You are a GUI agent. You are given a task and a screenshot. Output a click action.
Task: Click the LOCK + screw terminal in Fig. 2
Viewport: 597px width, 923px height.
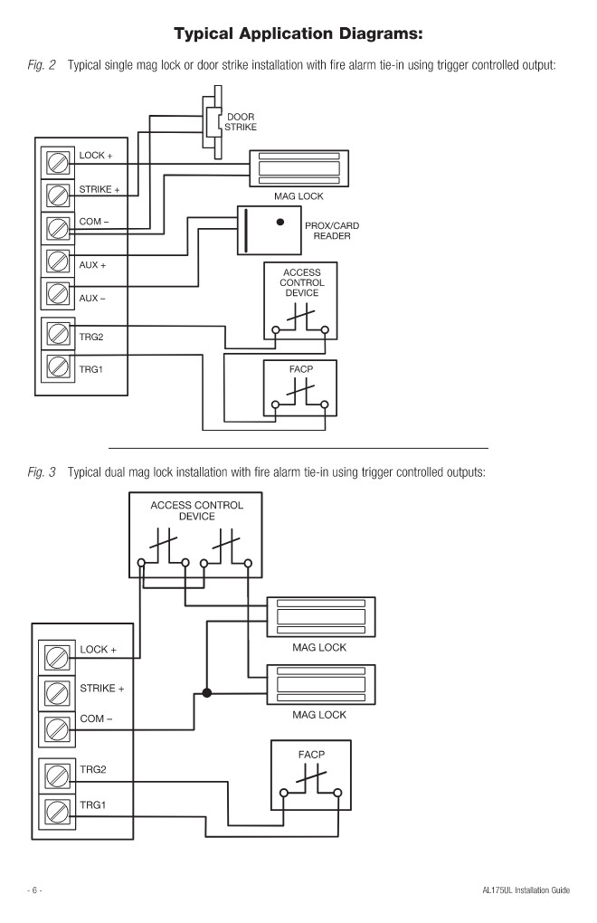58,162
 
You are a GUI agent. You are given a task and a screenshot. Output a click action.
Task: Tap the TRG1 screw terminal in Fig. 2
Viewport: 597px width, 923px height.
58,366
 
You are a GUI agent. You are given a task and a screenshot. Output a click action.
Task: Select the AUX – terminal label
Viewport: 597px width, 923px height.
92,298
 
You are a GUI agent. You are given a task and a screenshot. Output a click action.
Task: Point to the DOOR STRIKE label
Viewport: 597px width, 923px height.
241,122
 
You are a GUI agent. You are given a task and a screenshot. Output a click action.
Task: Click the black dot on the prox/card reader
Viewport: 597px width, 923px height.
280,222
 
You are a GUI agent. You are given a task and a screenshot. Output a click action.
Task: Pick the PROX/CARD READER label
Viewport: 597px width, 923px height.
332,231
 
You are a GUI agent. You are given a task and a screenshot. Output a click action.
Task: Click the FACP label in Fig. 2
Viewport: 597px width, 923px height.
301,369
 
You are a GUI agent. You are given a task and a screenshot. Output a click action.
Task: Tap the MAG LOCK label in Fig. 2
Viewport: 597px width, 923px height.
298,196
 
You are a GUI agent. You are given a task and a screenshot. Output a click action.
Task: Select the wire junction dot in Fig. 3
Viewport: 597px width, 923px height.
206,693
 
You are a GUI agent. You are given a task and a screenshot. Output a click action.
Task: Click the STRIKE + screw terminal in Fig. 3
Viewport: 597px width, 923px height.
56,693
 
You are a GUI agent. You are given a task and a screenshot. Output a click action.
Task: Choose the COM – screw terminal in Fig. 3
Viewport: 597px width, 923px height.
56,728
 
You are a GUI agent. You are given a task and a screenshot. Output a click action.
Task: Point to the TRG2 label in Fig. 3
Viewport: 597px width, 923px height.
93,769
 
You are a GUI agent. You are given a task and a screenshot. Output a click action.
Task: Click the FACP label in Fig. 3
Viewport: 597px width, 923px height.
311,755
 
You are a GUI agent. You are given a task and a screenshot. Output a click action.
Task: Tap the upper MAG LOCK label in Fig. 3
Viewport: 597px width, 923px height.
319,648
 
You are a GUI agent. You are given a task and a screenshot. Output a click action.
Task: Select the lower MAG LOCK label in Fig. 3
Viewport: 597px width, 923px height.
319,715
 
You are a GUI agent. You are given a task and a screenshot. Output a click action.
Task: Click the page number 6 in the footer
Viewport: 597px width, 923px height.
34,890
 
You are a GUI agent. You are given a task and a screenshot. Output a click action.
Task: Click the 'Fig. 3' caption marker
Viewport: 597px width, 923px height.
42,472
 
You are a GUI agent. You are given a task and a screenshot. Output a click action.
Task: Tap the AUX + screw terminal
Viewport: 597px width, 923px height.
58,261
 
